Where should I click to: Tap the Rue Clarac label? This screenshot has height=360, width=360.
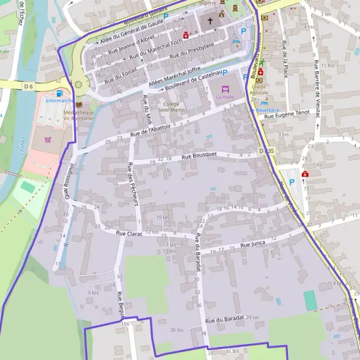pyautogui.click(x=129, y=233)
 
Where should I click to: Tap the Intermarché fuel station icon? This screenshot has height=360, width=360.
pyautogui.click(x=59, y=93)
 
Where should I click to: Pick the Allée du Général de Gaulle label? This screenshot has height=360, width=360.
pyautogui.click(x=131, y=29)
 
